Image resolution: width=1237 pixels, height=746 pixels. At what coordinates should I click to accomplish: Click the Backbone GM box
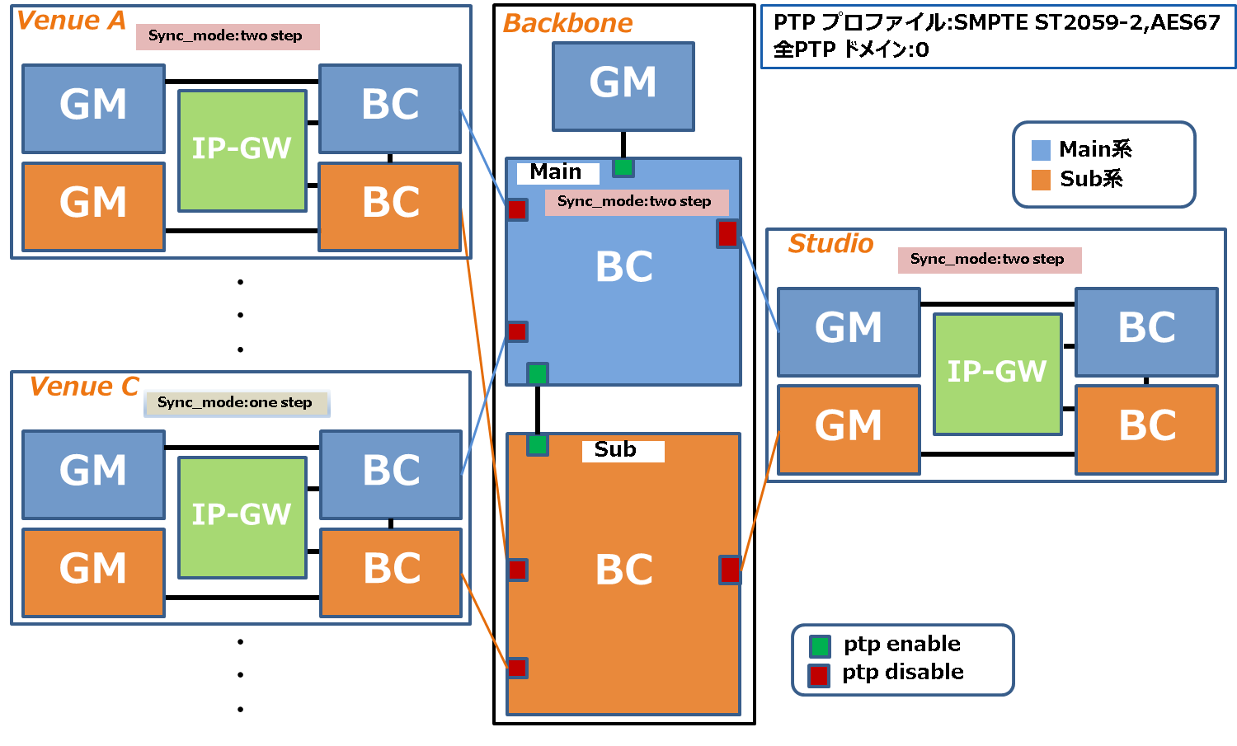point(623,86)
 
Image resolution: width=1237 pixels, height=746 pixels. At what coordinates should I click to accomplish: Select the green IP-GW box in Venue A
point(242,150)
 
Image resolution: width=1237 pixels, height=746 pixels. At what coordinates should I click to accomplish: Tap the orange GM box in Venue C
point(93,571)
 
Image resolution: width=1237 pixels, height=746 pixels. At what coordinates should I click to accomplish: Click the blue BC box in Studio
point(1146,331)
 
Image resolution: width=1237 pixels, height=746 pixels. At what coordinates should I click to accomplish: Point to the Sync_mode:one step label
point(236,402)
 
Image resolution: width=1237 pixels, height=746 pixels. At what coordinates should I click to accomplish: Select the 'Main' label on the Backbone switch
point(557,172)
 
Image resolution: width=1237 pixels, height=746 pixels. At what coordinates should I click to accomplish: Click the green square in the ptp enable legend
point(820,645)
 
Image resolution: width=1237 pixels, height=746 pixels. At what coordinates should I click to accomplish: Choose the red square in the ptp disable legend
point(819,675)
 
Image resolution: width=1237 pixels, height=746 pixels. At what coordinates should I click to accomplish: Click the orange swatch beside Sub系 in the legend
point(1040,180)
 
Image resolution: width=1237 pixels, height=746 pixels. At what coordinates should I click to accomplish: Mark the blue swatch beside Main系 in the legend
point(1039,150)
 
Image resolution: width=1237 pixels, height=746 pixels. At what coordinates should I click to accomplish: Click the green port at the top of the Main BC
point(623,167)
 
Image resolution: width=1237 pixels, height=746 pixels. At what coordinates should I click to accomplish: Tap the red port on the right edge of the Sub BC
point(730,570)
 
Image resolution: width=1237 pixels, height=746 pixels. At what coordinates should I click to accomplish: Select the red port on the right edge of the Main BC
point(727,233)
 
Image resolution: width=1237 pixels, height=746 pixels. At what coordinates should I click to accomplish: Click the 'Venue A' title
point(70,21)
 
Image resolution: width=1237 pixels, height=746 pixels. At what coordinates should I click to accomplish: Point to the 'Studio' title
point(830,244)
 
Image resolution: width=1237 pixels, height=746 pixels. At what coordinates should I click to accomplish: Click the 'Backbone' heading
point(567,24)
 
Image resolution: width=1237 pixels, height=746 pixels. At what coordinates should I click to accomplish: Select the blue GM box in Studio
point(849,331)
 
